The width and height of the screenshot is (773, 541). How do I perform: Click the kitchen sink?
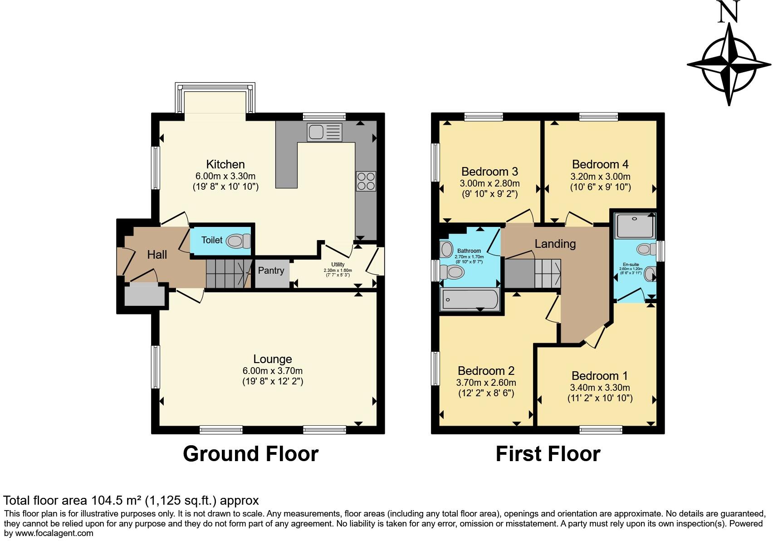point(324,132)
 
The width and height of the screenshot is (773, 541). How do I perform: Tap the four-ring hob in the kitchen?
point(366,181)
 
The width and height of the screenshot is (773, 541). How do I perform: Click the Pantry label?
point(271,270)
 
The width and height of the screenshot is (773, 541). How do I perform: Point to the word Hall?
point(157,255)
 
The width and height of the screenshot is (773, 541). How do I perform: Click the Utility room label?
point(338,265)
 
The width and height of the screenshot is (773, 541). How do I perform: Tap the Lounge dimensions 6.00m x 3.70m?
point(273,371)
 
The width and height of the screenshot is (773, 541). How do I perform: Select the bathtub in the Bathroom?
point(470,300)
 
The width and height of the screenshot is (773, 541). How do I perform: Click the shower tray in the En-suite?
point(635,226)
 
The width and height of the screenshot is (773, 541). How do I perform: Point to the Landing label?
point(555,244)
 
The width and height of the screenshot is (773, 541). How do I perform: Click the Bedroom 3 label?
point(489,172)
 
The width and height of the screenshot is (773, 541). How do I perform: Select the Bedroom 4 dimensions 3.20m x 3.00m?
point(601,177)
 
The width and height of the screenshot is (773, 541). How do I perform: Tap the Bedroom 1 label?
point(600,376)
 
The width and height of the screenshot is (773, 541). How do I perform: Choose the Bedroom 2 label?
point(486,371)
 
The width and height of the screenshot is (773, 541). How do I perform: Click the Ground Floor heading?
point(250,454)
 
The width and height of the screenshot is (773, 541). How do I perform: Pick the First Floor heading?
point(548,454)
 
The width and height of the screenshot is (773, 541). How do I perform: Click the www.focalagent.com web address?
point(54,533)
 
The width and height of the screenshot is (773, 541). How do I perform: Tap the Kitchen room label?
point(225,164)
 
